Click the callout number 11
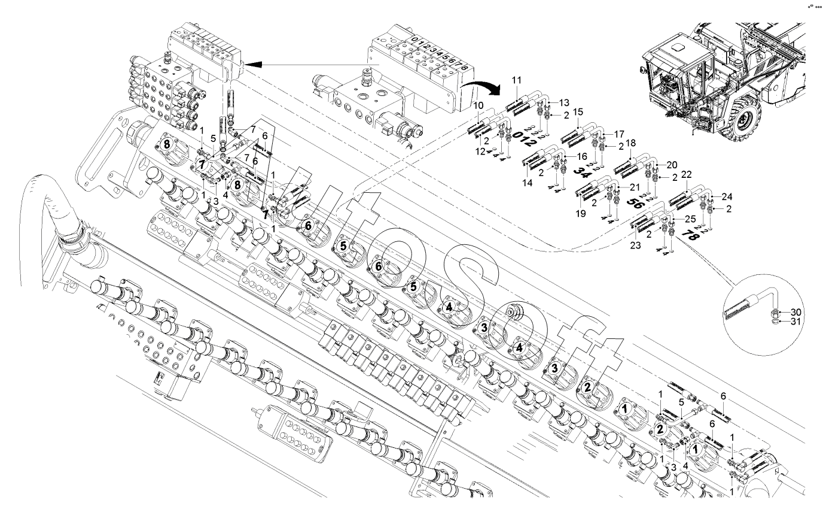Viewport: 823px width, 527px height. (517, 80)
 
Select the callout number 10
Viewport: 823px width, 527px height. (478, 105)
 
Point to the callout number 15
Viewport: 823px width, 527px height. (578, 112)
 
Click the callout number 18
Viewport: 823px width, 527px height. (632, 144)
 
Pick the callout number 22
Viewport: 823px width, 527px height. (686, 174)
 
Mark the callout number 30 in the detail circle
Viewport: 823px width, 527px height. (795, 312)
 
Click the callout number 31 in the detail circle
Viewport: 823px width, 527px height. (795, 322)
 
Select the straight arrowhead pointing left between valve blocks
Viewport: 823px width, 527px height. (255, 63)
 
